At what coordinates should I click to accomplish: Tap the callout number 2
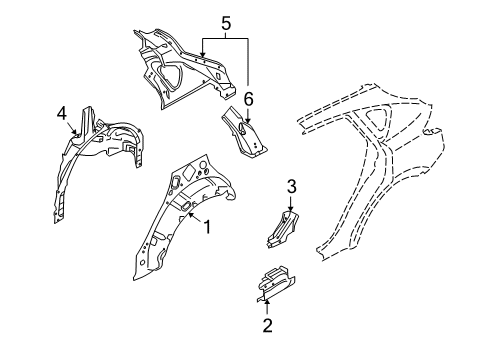267,323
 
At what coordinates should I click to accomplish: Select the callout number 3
292,186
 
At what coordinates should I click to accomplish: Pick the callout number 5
226,22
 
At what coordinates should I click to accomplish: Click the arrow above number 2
267,304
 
